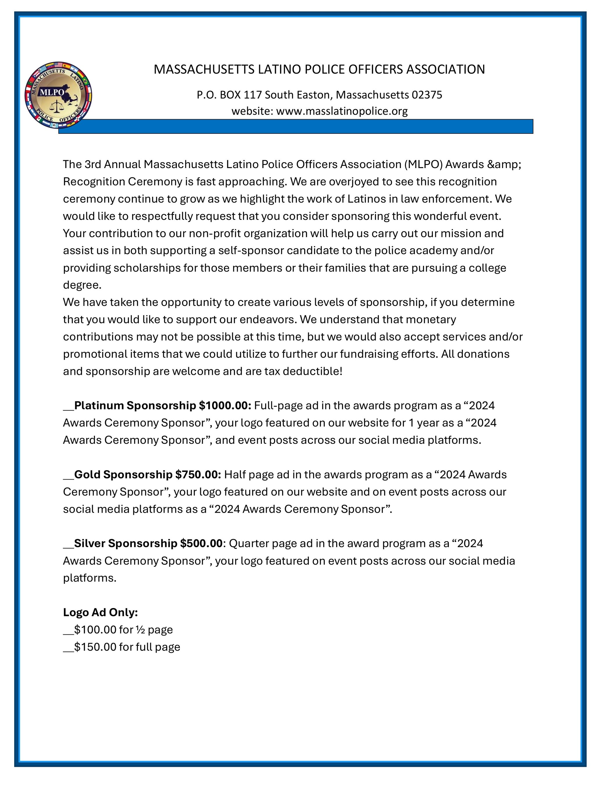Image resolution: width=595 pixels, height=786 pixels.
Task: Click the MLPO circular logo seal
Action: (58, 95)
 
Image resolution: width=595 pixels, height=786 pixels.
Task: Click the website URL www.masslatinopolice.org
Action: (342, 111)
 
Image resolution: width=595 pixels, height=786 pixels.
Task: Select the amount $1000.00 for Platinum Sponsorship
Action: (225, 405)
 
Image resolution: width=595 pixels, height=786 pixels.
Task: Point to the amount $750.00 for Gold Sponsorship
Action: (198, 474)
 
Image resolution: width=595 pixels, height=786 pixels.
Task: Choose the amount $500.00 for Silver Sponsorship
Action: (201, 543)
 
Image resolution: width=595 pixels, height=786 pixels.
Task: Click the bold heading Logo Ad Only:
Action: (101, 612)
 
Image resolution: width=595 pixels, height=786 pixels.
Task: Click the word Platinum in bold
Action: (99, 405)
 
